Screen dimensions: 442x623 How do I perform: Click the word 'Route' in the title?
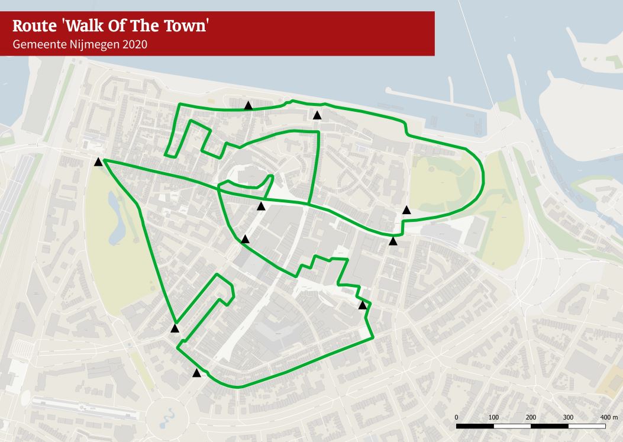[x=34, y=26]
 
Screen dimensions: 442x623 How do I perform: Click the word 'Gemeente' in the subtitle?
[x=38, y=44]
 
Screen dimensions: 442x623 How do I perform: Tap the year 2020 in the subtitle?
[x=135, y=44]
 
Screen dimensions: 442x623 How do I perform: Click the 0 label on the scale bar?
[x=457, y=417]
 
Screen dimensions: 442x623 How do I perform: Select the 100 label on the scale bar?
[x=493, y=417]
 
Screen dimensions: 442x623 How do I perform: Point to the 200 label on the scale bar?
[x=531, y=417]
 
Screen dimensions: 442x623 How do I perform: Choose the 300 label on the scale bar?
[x=568, y=417]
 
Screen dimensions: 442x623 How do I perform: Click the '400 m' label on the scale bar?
[x=608, y=417]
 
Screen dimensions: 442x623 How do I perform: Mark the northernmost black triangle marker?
[x=248, y=105]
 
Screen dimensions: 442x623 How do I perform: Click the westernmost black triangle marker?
[x=98, y=162]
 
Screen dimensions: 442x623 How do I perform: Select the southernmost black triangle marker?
[x=196, y=373]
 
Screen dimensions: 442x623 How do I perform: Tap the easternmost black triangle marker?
[x=406, y=209]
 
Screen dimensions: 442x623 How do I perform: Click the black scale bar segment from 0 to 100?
[x=475, y=425]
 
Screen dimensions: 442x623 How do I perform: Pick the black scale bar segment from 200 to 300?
[x=550, y=425]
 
